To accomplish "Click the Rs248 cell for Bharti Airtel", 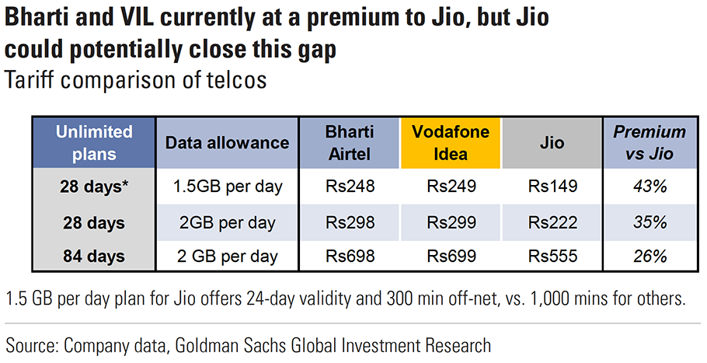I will [350, 187].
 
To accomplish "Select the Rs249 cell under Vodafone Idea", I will [451, 187].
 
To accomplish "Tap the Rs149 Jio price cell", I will [552, 187].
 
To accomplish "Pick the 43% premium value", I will [650, 187].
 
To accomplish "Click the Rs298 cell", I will [350, 222].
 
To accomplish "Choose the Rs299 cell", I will [451, 222].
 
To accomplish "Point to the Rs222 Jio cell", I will [552, 222].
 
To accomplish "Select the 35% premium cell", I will [650, 222].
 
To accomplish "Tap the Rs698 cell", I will [350, 256].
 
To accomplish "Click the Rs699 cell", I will [451, 256].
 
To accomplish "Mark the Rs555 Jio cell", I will [552, 256].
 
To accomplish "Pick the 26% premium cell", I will [650, 256].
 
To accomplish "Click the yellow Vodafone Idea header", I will [451, 143].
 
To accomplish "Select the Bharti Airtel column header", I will [350, 143].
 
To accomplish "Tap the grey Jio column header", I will [552, 143].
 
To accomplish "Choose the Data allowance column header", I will [228, 143].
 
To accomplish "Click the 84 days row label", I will [93, 256].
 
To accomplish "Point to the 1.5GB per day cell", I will [228, 187].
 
